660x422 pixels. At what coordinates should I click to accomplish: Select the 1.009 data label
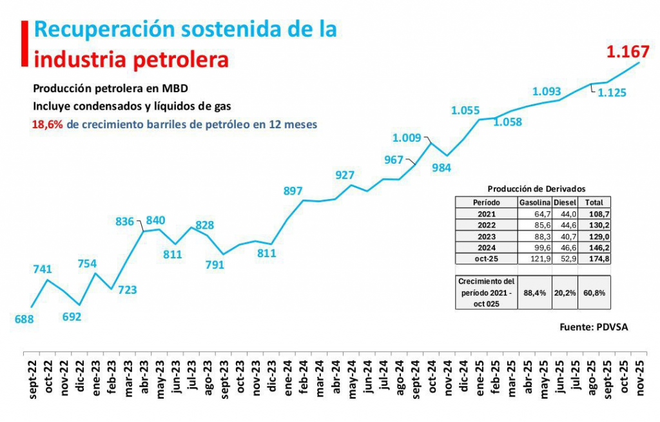pyautogui.click(x=407, y=137)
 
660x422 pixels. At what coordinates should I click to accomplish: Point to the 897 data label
pyautogui.click(x=293, y=191)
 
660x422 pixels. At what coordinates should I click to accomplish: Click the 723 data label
pyautogui.click(x=127, y=290)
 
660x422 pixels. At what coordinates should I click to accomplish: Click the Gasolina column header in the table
pyautogui.click(x=534, y=202)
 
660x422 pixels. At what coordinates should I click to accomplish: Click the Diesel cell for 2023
pyautogui.click(x=565, y=236)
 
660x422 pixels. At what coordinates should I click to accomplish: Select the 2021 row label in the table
pyautogui.click(x=487, y=213)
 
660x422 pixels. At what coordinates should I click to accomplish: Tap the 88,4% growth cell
pyautogui.click(x=534, y=292)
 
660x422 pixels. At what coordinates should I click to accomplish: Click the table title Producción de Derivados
pyautogui.click(x=536, y=189)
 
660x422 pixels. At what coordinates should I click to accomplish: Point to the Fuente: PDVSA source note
pyautogui.click(x=593, y=327)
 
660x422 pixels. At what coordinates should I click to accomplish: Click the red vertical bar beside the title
pyautogui.click(x=24, y=43)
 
